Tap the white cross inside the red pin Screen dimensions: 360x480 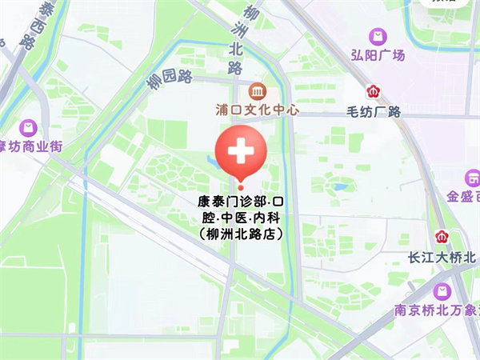[x=239, y=150]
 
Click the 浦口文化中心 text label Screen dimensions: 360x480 [x=257, y=110]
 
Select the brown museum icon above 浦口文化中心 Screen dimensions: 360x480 [x=257, y=90]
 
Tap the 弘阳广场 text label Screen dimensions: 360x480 [x=378, y=55]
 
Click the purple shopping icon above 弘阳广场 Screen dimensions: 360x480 [x=377, y=36]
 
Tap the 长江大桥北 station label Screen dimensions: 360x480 [x=442, y=257]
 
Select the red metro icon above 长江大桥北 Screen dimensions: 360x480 [x=442, y=237]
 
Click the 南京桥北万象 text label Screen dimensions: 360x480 [x=437, y=310]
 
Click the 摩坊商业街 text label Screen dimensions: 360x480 [x=30, y=147]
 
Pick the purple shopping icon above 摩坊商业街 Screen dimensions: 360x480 [x=30, y=128]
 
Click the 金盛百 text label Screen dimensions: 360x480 [x=463, y=197]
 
